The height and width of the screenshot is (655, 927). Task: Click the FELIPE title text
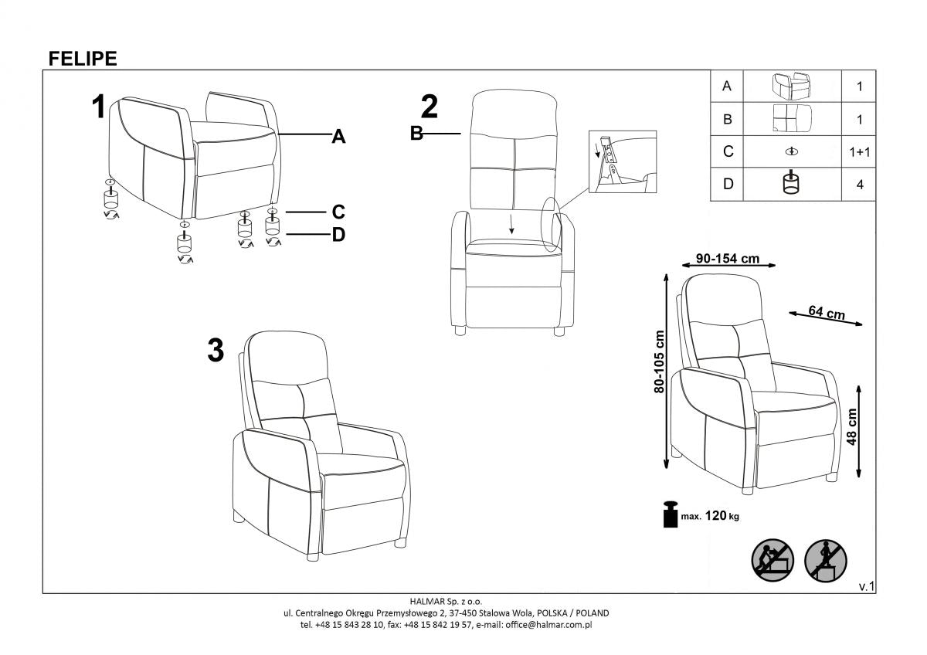pyautogui.click(x=83, y=59)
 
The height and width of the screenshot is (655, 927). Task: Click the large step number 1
pyautogui.click(x=98, y=107)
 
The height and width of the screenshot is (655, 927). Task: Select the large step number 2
pyautogui.click(x=429, y=107)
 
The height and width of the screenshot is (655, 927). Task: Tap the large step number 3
pyautogui.click(x=216, y=351)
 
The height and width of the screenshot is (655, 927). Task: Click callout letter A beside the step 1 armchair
pyautogui.click(x=338, y=137)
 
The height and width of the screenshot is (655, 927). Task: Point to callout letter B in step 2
pyautogui.click(x=416, y=134)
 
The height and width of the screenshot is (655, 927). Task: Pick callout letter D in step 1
pyautogui.click(x=338, y=236)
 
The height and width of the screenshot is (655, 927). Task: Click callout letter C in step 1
pyautogui.click(x=338, y=212)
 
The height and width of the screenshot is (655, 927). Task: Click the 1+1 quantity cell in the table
pyautogui.click(x=859, y=152)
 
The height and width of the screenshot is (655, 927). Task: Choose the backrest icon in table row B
pyautogui.click(x=792, y=119)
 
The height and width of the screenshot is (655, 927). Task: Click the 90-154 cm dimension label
pyautogui.click(x=727, y=259)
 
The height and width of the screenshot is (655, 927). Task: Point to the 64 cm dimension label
pyautogui.click(x=826, y=313)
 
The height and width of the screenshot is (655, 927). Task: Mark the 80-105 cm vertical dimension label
pyautogui.click(x=659, y=361)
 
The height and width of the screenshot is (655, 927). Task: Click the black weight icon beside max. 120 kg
pyautogui.click(x=669, y=514)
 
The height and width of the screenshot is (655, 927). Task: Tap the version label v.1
pyautogui.click(x=866, y=587)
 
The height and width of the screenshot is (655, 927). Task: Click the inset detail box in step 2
pyautogui.click(x=622, y=161)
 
